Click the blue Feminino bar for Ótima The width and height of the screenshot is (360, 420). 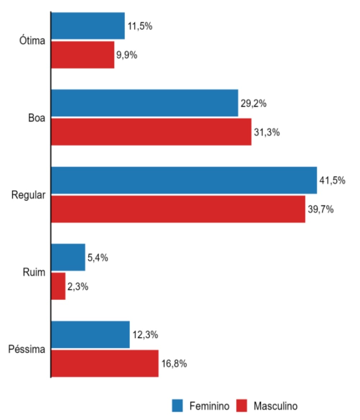click(x=88, y=26)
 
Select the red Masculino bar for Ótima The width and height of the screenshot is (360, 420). click(x=83, y=55)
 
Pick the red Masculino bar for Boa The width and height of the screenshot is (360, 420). click(x=151, y=132)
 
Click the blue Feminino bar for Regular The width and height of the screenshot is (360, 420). click(x=184, y=180)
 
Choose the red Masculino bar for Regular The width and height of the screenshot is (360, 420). click(x=178, y=209)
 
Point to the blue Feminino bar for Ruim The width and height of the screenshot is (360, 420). click(x=68, y=257)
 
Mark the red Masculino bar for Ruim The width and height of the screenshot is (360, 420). click(x=59, y=286)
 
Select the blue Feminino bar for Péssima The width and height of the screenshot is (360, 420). click(x=90, y=334)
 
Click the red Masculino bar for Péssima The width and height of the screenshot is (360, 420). click(x=105, y=363)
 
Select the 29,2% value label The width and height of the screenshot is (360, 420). click(x=254, y=104)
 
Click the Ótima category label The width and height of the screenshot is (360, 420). click(x=32, y=41)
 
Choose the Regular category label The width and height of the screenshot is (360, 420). click(x=29, y=195)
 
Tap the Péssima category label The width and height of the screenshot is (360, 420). click(x=27, y=349)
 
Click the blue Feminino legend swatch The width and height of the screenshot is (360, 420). click(x=178, y=406)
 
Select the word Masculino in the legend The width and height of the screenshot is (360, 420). click(x=276, y=406)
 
